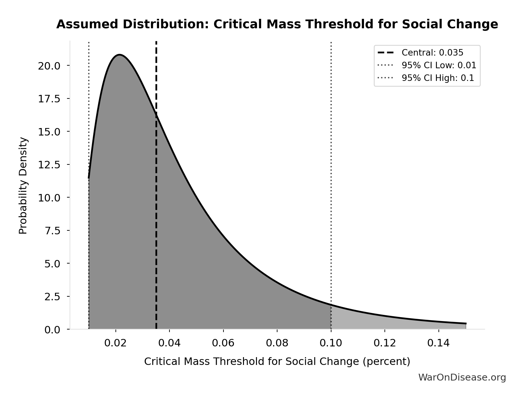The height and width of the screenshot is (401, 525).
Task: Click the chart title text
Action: tap(277, 24)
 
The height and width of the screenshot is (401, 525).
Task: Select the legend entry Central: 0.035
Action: tap(432, 53)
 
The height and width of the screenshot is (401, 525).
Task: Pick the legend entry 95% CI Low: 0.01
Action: tap(439, 65)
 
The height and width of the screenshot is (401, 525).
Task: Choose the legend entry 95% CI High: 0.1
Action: tap(438, 78)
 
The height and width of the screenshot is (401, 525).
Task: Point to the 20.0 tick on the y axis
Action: tap(49, 66)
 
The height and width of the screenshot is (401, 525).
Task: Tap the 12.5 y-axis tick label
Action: tap(49, 165)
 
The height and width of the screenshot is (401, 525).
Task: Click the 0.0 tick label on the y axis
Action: tap(52, 330)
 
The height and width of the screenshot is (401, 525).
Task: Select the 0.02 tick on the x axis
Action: tap(115, 343)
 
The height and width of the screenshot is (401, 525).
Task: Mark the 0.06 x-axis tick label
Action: tap(223, 343)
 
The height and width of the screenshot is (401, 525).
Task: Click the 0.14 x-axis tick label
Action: tap(438, 343)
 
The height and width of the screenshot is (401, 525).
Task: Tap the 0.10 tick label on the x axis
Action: tap(331, 343)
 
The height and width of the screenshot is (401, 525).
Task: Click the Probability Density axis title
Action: tap(23, 185)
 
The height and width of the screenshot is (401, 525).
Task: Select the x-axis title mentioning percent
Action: tap(277, 361)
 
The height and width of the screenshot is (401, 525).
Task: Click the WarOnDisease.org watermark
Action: tap(462, 377)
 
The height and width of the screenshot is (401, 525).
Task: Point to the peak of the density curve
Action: tap(120, 55)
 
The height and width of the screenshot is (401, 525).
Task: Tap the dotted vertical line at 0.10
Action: tap(331, 162)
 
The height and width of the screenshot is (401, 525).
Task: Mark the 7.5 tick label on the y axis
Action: tap(52, 231)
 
